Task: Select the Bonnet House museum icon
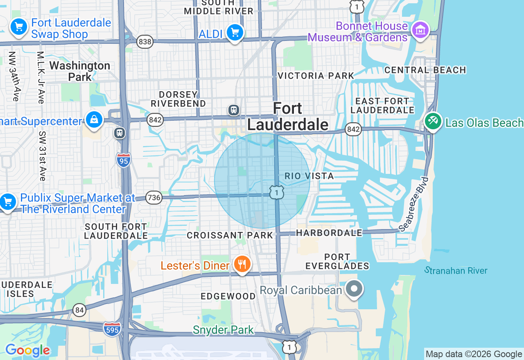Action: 420,30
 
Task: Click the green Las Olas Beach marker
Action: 433,122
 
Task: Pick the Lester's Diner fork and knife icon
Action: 242,265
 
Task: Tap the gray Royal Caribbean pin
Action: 354,289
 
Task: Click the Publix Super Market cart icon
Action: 7,202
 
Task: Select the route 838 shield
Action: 145,42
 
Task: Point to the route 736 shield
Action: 154,198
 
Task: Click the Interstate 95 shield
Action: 123,160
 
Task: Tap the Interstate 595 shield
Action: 112,329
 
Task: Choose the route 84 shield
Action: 79,310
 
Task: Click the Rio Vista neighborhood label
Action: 303,176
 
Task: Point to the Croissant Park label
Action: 230,235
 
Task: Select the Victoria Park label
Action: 316,76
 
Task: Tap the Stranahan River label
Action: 456,270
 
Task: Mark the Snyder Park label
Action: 223,330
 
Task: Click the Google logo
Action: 27,351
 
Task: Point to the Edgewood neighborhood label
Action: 228,296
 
